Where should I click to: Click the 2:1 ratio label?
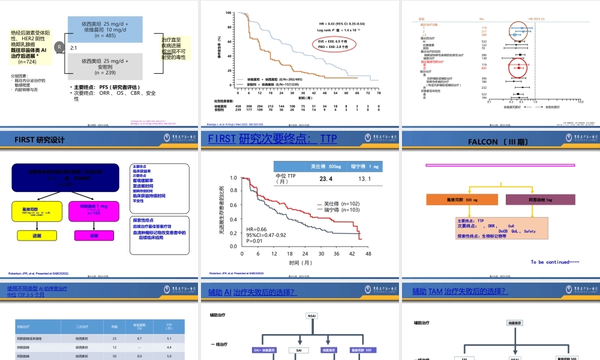(76, 47)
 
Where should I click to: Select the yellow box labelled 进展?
(37, 236)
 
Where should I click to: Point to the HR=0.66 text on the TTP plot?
(256, 229)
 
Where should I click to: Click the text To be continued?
(554, 262)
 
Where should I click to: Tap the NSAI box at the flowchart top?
(312, 316)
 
